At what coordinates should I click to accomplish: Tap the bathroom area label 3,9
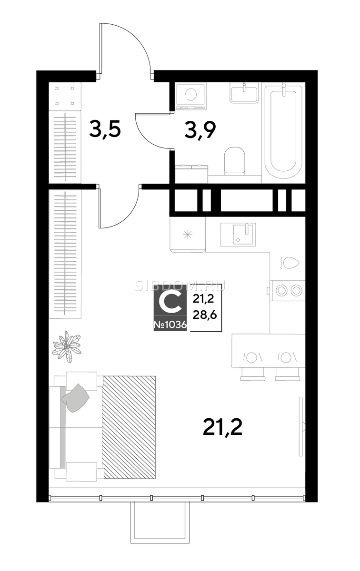200,130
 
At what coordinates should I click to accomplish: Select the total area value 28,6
205,315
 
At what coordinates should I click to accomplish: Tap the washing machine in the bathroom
190,96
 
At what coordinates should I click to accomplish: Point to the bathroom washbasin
244,93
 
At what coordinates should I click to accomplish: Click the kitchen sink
238,235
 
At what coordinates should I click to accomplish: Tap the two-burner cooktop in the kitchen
288,290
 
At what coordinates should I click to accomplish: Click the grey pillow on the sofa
75,398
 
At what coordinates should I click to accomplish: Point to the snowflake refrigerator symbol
188,235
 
